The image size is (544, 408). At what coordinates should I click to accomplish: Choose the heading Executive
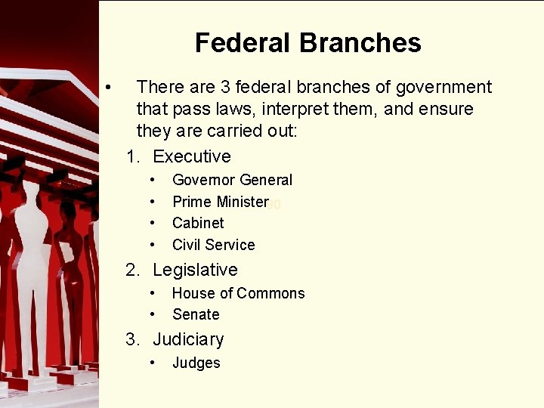[192, 156]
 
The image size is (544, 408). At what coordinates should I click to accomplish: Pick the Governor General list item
[232, 180]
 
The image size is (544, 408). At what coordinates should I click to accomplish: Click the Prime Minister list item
[220, 202]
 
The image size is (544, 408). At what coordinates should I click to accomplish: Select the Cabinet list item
[198, 223]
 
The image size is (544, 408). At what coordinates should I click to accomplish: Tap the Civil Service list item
[213, 245]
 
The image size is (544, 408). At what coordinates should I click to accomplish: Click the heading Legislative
[195, 270]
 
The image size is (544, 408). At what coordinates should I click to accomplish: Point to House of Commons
[238, 293]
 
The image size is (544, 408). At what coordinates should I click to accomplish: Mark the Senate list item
[196, 314]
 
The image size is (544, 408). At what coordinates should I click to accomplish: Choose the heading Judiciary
[188, 340]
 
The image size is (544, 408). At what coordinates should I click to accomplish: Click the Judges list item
[196, 363]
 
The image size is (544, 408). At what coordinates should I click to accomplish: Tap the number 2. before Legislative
[133, 270]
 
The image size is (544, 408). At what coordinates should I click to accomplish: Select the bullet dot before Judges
[153, 363]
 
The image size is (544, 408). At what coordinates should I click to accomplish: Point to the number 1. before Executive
[133, 156]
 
